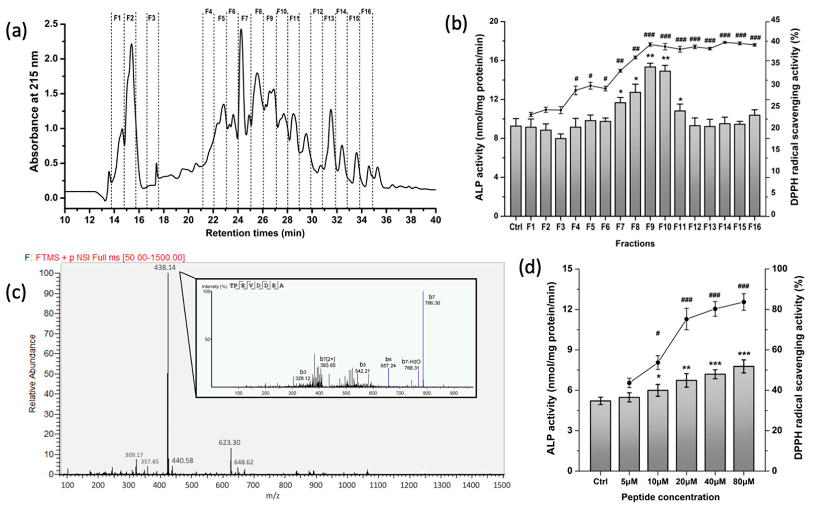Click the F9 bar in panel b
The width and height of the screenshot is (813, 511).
point(650,142)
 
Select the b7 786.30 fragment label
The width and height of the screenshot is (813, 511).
point(432,300)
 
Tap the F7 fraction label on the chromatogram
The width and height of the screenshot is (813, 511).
point(245,19)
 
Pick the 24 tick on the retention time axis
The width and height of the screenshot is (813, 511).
point(238,220)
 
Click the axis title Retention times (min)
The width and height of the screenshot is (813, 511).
point(255,233)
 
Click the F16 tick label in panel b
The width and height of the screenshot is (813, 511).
point(755,227)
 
